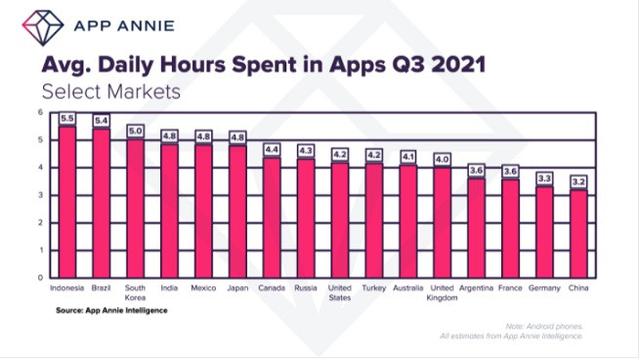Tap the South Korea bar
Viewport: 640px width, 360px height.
pos(136,209)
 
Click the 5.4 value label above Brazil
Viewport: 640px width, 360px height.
pos(102,120)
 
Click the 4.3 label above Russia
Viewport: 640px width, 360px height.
pos(306,150)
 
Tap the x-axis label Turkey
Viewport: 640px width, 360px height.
pos(374,288)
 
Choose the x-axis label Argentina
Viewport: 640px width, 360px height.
pos(477,288)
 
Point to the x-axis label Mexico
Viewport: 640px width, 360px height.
pos(204,288)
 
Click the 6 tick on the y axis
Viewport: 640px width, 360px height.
pos(42,112)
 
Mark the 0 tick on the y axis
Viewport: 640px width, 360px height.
pos(42,277)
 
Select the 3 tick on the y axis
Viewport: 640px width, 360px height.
pos(42,195)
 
